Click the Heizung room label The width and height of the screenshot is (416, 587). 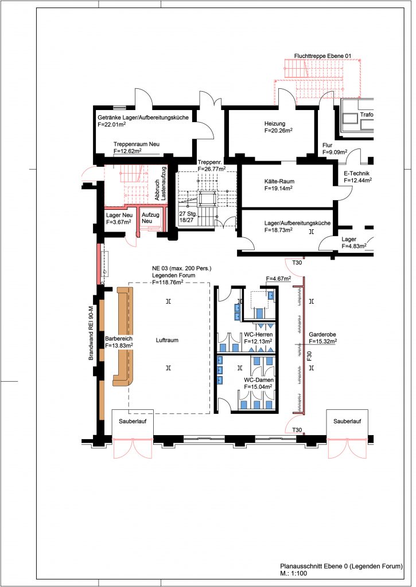(275, 124)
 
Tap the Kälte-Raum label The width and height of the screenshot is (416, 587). (279, 182)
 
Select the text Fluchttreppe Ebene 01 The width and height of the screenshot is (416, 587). (322, 56)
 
